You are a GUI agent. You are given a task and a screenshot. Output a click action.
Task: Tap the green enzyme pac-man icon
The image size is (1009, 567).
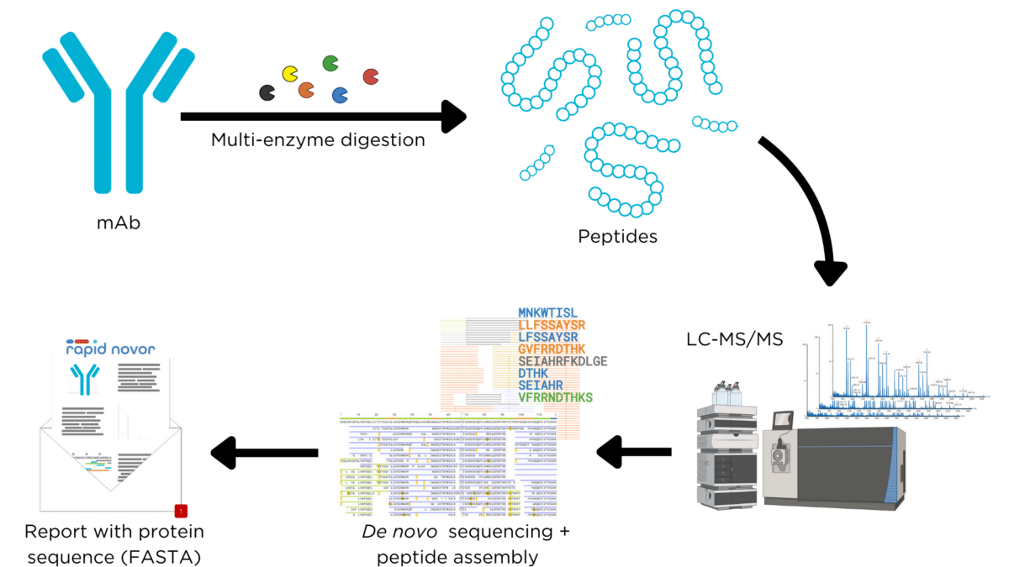(330, 63)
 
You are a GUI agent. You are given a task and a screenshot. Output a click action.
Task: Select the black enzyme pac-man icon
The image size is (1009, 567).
(267, 92)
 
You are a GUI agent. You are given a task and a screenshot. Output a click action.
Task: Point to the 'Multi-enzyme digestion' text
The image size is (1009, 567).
(318, 139)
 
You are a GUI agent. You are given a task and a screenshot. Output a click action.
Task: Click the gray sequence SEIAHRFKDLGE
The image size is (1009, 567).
(563, 360)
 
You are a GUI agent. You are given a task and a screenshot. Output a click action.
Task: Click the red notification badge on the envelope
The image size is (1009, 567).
(180, 510)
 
